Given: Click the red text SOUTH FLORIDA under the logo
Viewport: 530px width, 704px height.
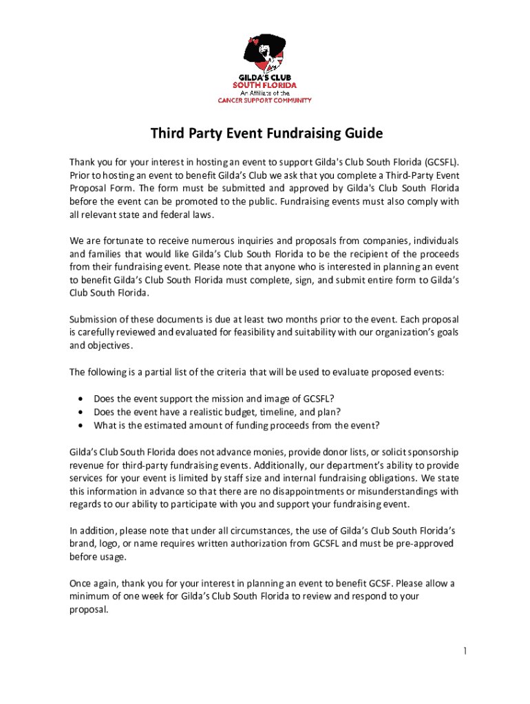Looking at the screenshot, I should (x=265, y=86).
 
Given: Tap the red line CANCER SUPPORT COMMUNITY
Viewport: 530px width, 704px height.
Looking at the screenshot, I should (x=265, y=100).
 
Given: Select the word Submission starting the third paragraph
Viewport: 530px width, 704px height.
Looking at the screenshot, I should (x=95, y=320).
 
